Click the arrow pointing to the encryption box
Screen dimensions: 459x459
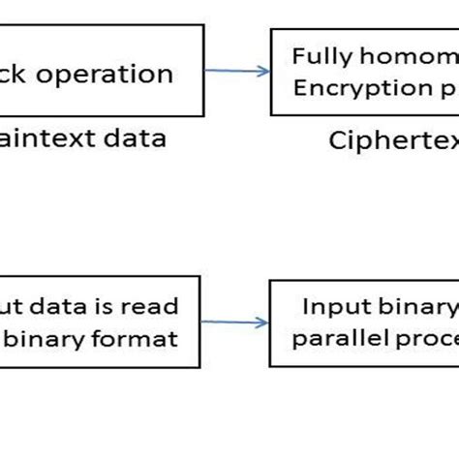point(237,70)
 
